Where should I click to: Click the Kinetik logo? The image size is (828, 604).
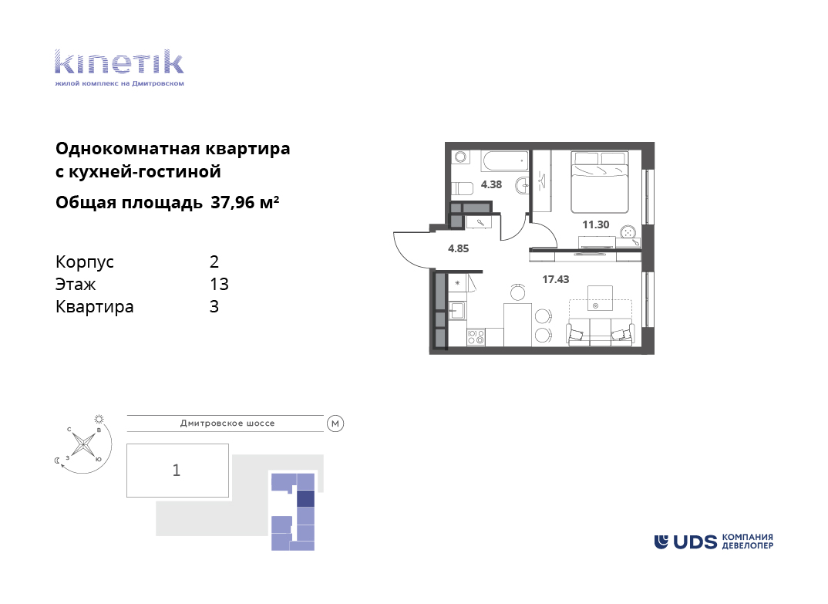point(119,68)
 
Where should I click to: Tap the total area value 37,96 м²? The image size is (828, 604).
point(245,202)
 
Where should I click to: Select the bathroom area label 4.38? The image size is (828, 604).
point(491,184)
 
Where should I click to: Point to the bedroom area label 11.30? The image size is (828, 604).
point(596,224)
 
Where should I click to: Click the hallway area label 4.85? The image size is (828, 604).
point(459,248)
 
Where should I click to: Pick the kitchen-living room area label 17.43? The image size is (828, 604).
point(556,279)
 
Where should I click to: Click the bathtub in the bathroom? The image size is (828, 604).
point(504,160)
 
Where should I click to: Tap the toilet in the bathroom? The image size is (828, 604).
point(463,189)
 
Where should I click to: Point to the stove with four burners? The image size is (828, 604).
point(476,337)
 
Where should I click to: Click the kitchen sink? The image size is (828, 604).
point(456,310)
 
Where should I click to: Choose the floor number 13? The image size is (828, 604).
point(219,285)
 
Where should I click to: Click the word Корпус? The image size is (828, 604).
point(85,262)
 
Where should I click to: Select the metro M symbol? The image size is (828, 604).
point(335,423)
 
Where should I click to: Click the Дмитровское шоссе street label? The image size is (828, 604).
point(227,423)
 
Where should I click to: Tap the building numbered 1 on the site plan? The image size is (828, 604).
point(177,471)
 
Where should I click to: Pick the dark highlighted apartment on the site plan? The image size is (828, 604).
point(306,499)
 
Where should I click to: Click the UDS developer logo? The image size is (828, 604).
point(713,542)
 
